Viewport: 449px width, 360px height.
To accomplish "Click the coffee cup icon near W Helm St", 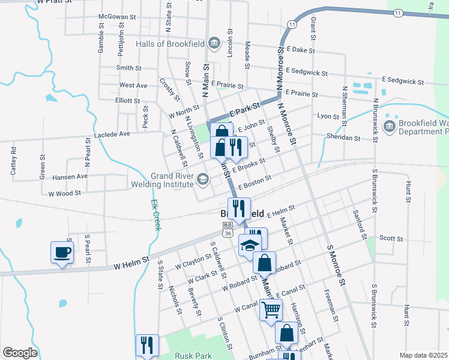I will (x=62, y=252).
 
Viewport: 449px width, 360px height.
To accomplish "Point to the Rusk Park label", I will (x=193, y=355).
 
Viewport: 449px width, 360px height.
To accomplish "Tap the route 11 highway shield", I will (x=291, y=24).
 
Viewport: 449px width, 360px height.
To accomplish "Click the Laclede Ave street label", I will (x=112, y=134).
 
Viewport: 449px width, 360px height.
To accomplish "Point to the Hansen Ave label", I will (x=70, y=176).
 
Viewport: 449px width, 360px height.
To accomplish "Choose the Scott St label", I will (x=391, y=238).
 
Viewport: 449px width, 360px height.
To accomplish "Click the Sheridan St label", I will (x=343, y=137).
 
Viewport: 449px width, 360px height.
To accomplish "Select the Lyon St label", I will (x=328, y=116).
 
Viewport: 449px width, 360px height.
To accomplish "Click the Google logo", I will (x=20, y=353).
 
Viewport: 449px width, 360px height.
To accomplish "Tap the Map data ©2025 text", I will (x=423, y=355).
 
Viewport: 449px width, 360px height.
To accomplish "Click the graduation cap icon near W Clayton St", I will (x=250, y=245).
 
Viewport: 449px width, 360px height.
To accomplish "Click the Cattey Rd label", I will (x=14, y=163).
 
